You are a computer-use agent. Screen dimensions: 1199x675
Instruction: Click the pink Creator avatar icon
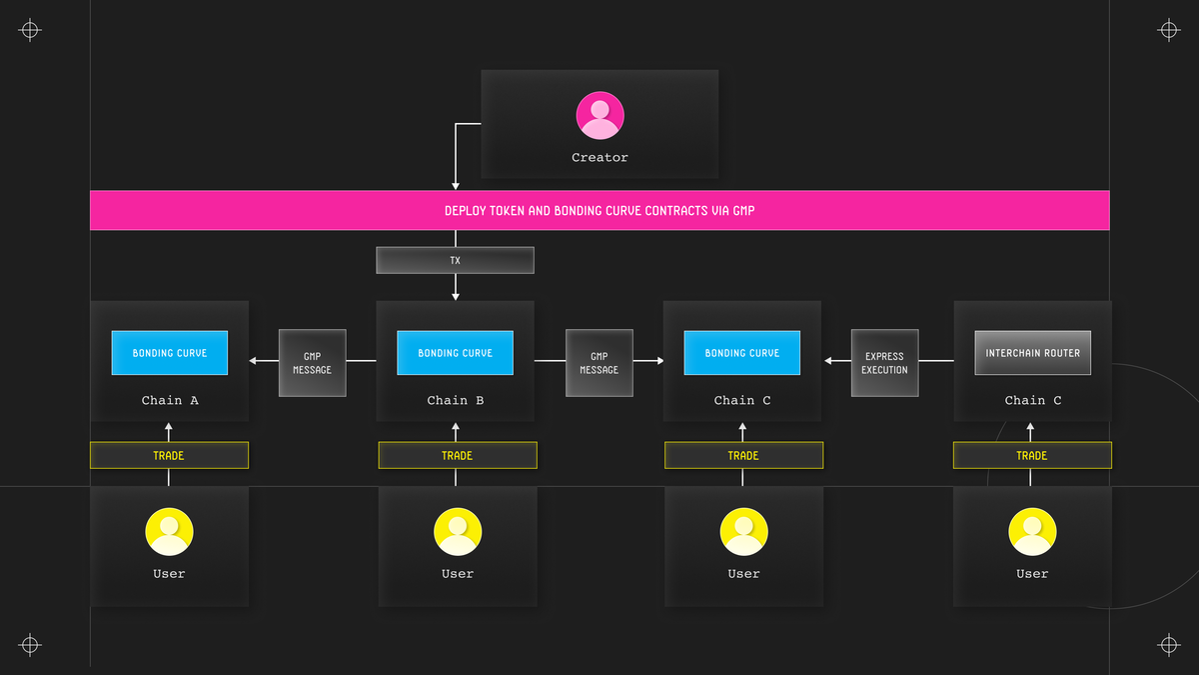[x=599, y=115]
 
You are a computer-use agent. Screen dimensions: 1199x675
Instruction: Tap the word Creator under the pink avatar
[x=599, y=158]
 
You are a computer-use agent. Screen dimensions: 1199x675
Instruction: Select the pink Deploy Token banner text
[x=599, y=211]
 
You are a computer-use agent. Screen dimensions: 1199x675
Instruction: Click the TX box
[x=455, y=260]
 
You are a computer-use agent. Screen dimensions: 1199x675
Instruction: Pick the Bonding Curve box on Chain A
[x=170, y=352]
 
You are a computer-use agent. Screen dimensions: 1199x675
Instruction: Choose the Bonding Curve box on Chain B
[x=455, y=352]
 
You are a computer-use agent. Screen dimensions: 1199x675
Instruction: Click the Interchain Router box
[x=1032, y=352]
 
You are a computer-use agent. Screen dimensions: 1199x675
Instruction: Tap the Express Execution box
[x=885, y=363]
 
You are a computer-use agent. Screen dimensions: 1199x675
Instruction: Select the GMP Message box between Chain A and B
[x=312, y=363]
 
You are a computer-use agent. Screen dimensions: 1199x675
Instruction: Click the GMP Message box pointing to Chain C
[x=599, y=363]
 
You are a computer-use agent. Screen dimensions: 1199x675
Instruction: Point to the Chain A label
[x=170, y=400]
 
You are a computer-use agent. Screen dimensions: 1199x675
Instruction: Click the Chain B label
[x=455, y=400]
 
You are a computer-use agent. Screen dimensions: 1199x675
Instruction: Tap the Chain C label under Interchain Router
[x=1032, y=400]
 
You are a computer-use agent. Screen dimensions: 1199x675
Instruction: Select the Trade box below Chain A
[x=169, y=455]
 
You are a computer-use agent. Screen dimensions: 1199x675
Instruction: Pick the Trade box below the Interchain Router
[x=1032, y=455]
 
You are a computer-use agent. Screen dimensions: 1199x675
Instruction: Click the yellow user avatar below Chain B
[x=458, y=531]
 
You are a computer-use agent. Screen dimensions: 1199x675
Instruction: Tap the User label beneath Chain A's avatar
[x=169, y=574]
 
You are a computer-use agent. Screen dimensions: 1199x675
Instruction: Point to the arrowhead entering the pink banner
[x=456, y=186]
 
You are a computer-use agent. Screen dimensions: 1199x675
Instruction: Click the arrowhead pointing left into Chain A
[x=253, y=361]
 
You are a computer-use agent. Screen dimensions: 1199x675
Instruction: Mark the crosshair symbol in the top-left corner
[x=30, y=30]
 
